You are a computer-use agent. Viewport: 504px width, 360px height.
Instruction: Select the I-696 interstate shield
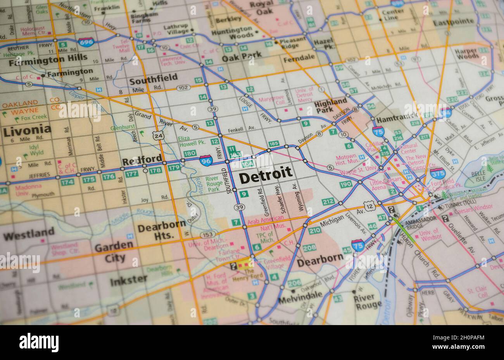86,42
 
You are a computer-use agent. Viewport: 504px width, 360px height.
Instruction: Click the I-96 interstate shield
206,160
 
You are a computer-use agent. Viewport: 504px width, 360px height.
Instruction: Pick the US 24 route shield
157,135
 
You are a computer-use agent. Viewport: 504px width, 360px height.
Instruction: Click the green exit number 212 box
328,201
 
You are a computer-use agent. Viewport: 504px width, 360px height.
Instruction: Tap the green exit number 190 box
345,185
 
